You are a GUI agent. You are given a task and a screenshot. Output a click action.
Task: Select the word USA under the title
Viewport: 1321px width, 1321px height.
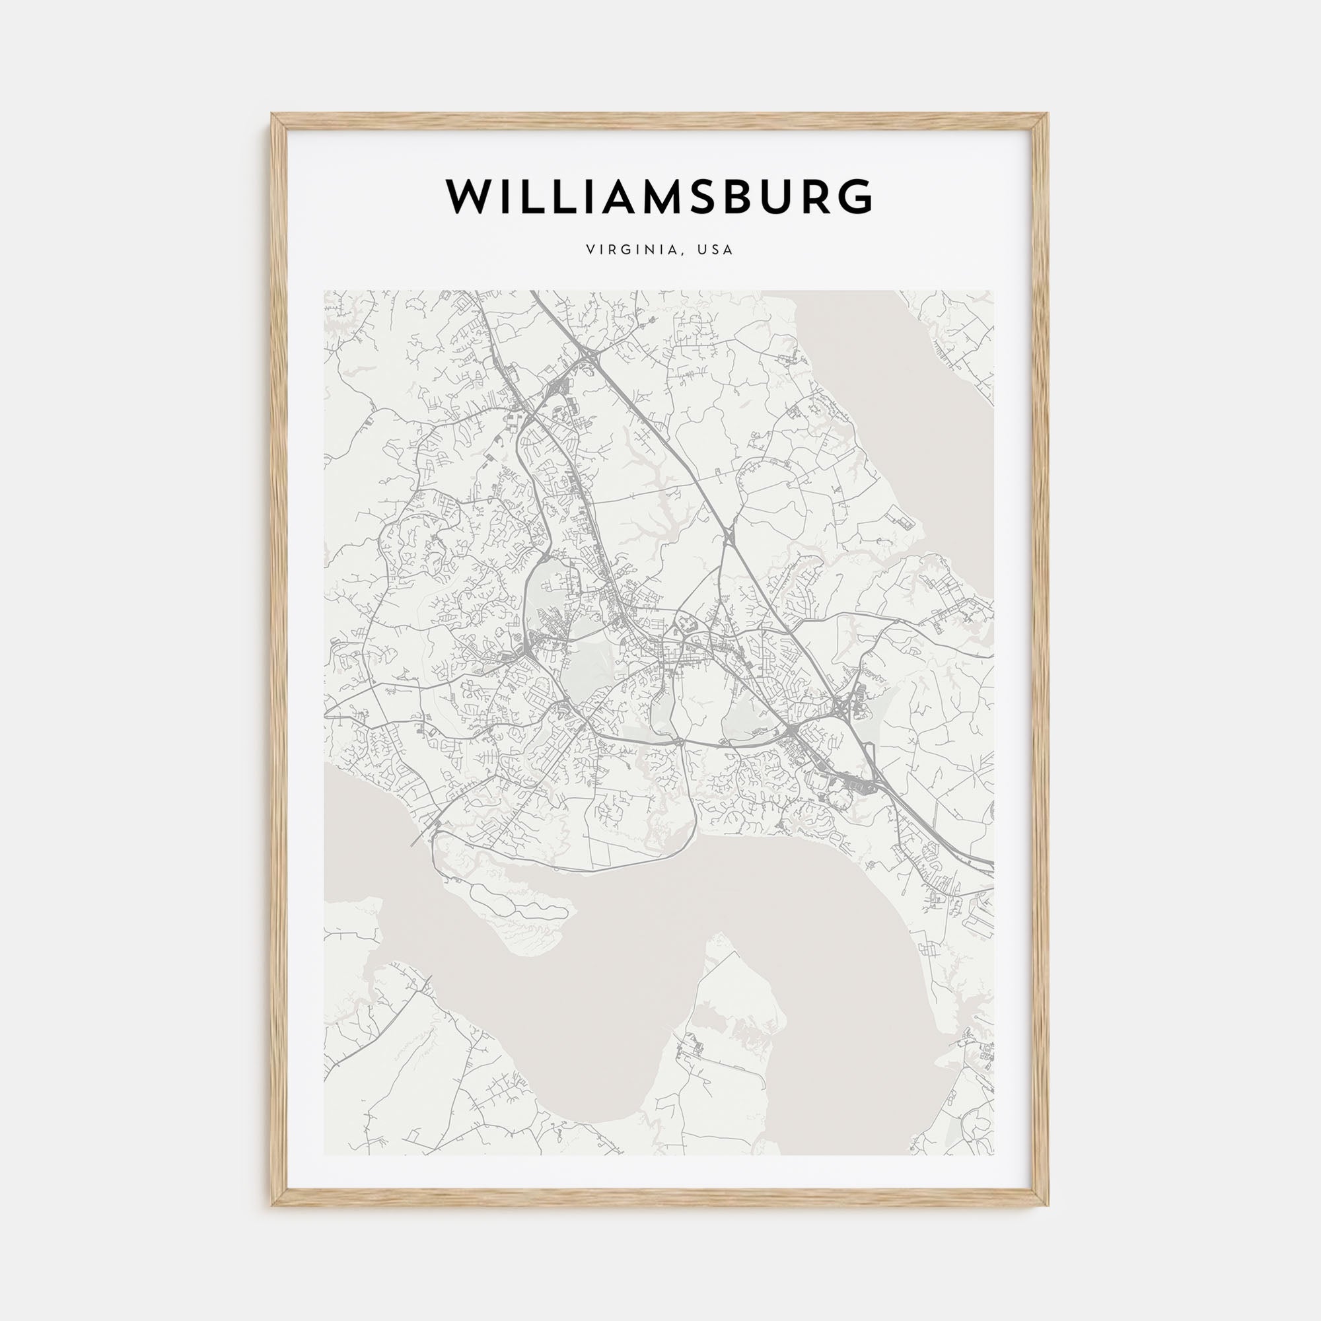715,250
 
